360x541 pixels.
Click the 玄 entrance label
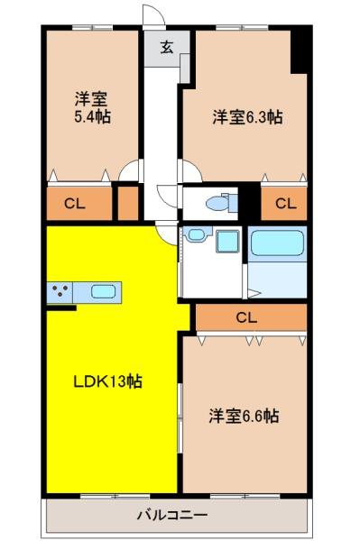[167, 47]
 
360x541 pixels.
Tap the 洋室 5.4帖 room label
[93, 107]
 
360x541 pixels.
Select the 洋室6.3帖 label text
[247, 117]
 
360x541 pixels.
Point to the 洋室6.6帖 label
[244, 416]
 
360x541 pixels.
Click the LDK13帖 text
[108, 381]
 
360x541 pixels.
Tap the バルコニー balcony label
[172, 516]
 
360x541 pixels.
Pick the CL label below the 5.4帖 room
[75, 204]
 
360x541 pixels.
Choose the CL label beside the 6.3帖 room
[286, 204]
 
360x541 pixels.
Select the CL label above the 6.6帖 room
[246, 317]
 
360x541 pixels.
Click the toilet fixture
[222, 203]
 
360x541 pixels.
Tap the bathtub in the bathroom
[277, 243]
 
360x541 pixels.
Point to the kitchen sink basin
[103, 292]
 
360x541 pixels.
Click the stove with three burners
[60, 292]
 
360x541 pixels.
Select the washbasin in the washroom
[196, 234]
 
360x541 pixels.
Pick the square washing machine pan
[227, 241]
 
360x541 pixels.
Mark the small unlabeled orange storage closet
[128, 204]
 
